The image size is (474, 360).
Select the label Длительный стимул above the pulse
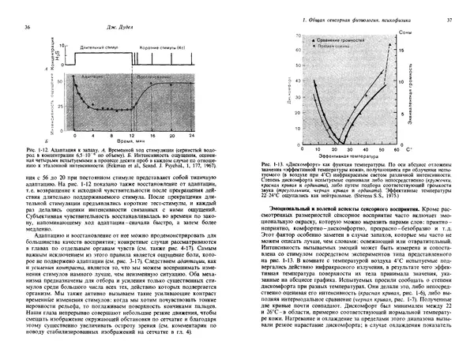[88, 47]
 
